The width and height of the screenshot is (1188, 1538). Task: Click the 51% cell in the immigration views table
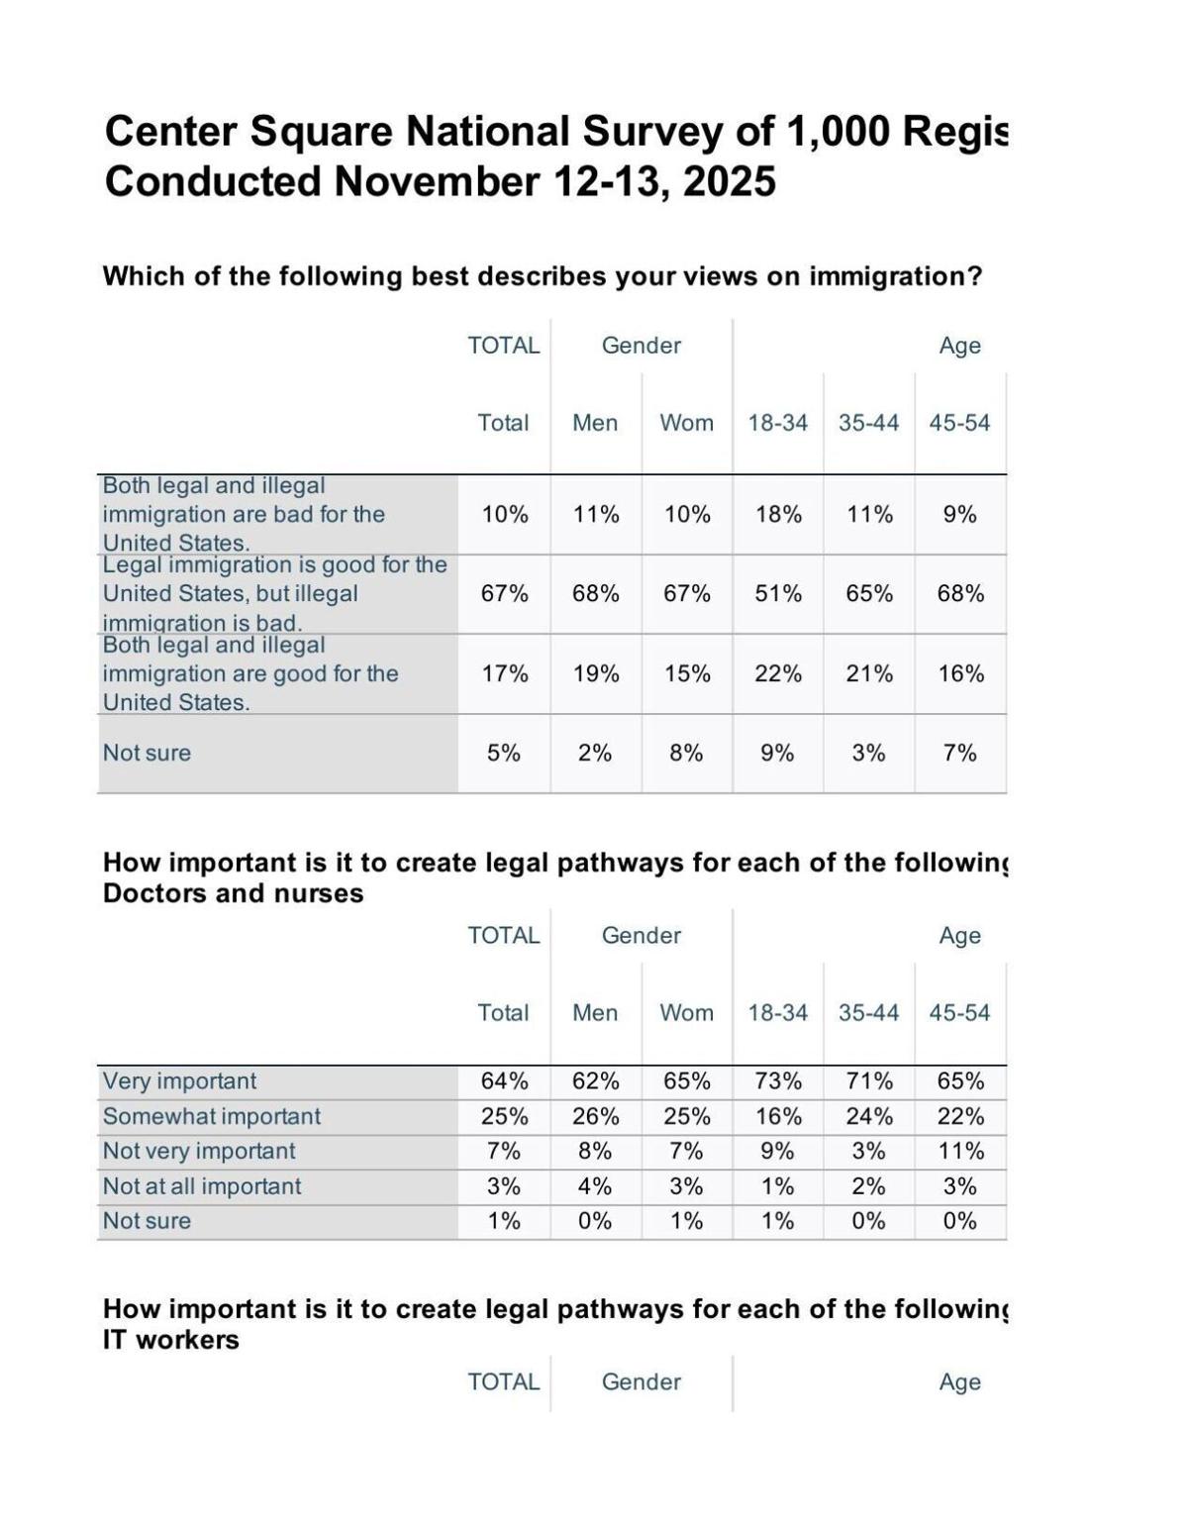click(x=778, y=594)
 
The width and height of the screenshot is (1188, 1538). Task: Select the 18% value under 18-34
click(x=778, y=515)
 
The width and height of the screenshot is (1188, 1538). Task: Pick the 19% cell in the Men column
click(x=596, y=674)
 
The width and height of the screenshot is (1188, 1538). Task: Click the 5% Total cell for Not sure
click(x=504, y=754)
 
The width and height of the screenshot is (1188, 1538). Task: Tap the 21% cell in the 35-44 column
click(x=869, y=674)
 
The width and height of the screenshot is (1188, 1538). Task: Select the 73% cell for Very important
click(x=778, y=1081)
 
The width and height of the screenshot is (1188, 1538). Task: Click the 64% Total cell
click(x=504, y=1081)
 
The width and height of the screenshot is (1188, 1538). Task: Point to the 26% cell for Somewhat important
click(x=596, y=1117)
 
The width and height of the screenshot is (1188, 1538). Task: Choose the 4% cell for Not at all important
click(x=596, y=1186)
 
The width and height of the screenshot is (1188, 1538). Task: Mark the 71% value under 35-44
click(x=869, y=1081)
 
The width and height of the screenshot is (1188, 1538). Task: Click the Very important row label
click(x=179, y=1081)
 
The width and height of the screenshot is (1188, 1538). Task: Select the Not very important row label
click(x=199, y=1152)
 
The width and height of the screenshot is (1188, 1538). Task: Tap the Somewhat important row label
click(x=212, y=1117)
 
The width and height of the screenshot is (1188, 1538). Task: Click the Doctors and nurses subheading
click(x=233, y=894)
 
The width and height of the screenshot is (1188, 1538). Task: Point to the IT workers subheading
click(x=171, y=1341)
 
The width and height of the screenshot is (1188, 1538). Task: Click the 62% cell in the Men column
click(x=596, y=1081)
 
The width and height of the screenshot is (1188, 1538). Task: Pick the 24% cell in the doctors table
click(x=869, y=1117)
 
